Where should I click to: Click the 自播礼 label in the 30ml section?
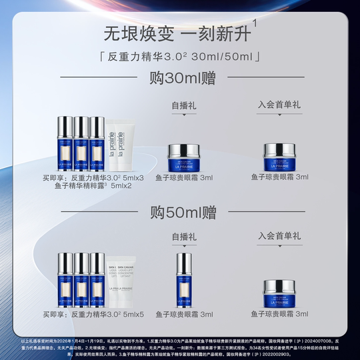click(x=183, y=105)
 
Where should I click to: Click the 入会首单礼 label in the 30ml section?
click(x=279, y=105)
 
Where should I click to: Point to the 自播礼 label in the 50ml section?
click(x=183, y=237)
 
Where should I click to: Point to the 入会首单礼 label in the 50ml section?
click(x=279, y=237)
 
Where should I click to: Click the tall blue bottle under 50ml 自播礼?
click(x=183, y=279)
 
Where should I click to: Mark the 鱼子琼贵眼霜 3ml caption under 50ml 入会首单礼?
click(x=279, y=313)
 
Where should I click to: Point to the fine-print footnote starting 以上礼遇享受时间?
click(x=180, y=345)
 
